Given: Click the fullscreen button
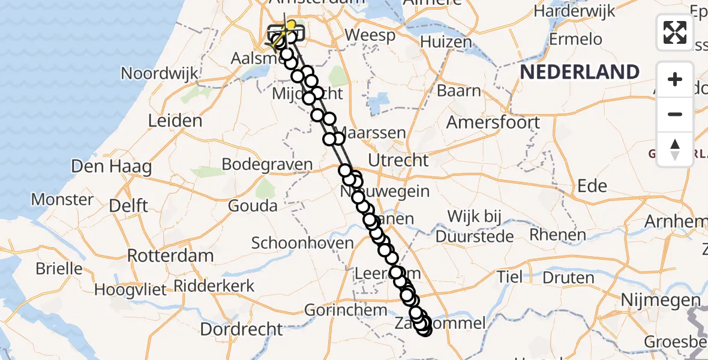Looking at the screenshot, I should [x=675, y=32].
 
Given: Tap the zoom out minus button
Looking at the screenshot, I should [x=675, y=114].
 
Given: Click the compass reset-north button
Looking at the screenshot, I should [x=675, y=149].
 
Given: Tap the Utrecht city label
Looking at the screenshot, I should [x=398, y=160].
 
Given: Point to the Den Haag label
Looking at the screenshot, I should [x=111, y=166].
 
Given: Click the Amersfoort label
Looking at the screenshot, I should [x=493, y=122].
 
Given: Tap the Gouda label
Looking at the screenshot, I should [x=253, y=206].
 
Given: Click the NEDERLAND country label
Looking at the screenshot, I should [x=580, y=72].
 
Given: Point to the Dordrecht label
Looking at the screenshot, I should [x=241, y=329].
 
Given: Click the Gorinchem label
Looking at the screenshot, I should [x=346, y=310].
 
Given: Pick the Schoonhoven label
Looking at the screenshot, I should [x=302, y=243].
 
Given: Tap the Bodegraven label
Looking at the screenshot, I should [x=267, y=164].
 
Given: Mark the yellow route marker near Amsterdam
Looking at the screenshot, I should [x=291, y=25].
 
